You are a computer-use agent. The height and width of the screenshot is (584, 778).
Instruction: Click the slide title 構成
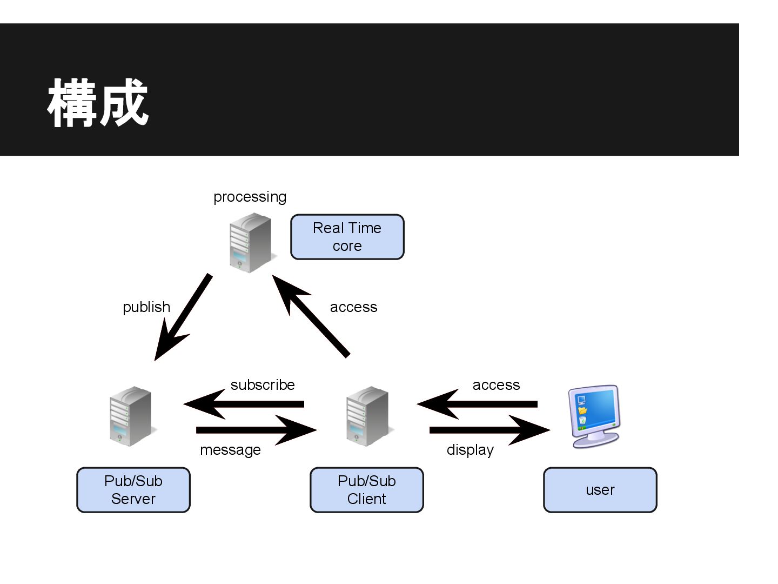(98, 103)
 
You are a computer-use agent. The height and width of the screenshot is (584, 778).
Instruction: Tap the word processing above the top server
(250, 197)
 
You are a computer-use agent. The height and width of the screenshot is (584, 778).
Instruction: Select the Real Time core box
(347, 237)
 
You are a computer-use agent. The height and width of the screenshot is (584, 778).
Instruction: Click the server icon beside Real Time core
(250, 242)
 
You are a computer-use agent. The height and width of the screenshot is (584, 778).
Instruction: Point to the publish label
(146, 307)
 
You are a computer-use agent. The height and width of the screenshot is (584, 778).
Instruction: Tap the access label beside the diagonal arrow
(353, 307)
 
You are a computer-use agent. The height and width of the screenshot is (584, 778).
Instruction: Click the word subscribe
(263, 385)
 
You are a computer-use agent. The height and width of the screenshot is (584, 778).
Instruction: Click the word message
(230, 450)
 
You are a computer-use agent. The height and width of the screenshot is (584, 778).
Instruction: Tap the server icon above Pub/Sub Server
(131, 416)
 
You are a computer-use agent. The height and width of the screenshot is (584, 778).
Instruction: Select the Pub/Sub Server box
(133, 490)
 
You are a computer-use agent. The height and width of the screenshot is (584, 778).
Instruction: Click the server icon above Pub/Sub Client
(367, 416)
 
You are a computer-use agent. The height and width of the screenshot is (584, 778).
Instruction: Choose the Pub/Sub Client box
(367, 490)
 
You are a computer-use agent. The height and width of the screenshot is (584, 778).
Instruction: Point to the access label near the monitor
(496, 385)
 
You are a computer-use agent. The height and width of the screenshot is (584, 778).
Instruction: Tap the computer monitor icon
(594, 415)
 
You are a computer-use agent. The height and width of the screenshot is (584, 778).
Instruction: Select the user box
(600, 490)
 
